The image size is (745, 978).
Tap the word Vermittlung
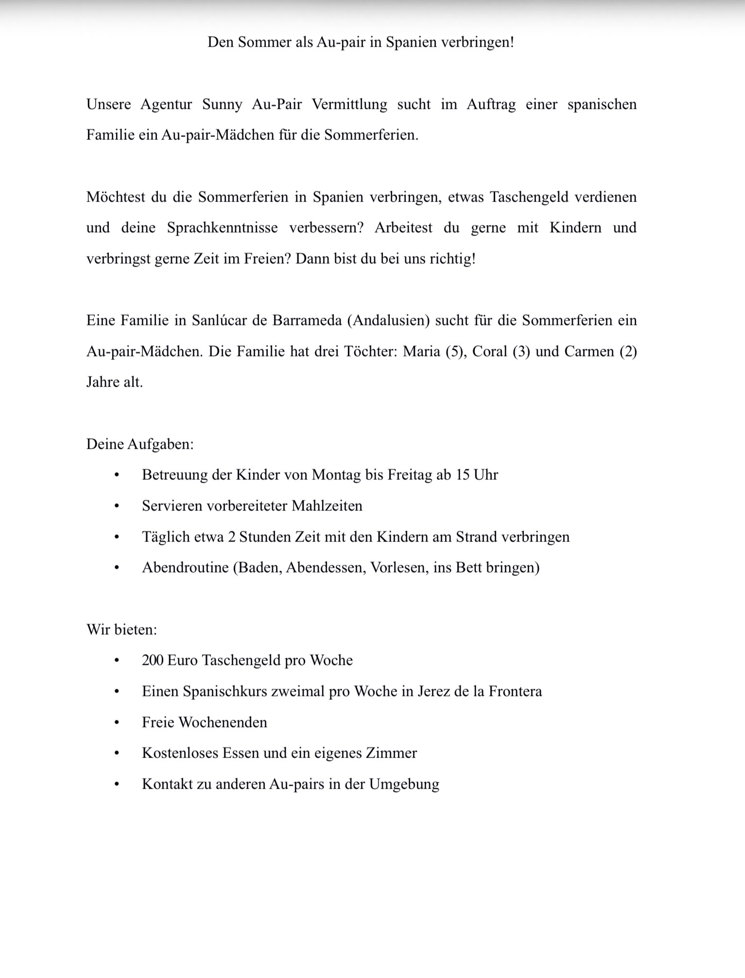[x=349, y=104]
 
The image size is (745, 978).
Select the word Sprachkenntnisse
[x=222, y=228]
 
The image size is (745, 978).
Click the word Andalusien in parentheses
[x=388, y=320]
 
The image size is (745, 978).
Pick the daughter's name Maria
[x=421, y=351]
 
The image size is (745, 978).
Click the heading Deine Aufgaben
[x=140, y=444]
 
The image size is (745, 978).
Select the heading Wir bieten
[x=121, y=630]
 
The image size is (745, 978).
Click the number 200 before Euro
[x=152, y=660]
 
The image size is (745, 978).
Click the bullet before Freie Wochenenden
[x=116, y=723]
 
